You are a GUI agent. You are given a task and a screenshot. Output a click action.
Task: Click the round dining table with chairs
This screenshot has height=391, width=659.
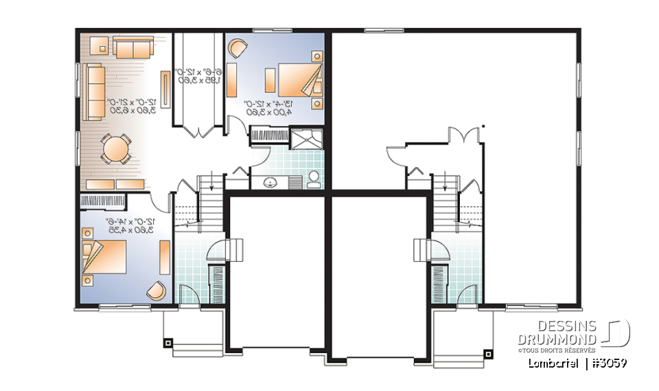(x=115, y=148)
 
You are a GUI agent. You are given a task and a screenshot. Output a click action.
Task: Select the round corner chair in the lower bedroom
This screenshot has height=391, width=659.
(x=156, y=292)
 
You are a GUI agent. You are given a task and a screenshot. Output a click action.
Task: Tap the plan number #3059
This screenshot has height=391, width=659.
(x=608, y=362)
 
